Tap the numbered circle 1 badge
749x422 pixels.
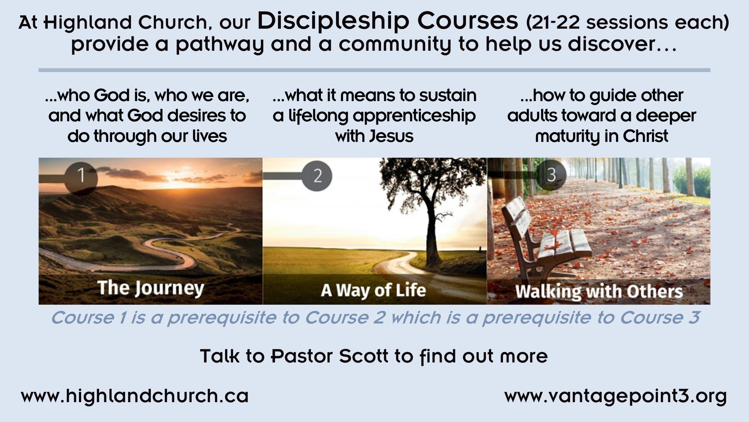[x=81, y=178]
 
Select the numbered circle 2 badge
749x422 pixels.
[x=317, y=176]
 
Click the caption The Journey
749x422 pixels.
[x=151, y=288]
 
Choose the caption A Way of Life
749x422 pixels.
[x=373, y=290]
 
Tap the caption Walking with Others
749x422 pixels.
[x=599, y=292]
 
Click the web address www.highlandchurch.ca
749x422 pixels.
[x=135, y=396]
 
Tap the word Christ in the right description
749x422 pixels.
[x=645, y=136]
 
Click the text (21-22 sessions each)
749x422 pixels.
[x=627, y=22]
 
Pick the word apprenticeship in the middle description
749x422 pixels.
[x=414, y=116]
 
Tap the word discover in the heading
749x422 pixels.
[x=611, y=44]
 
